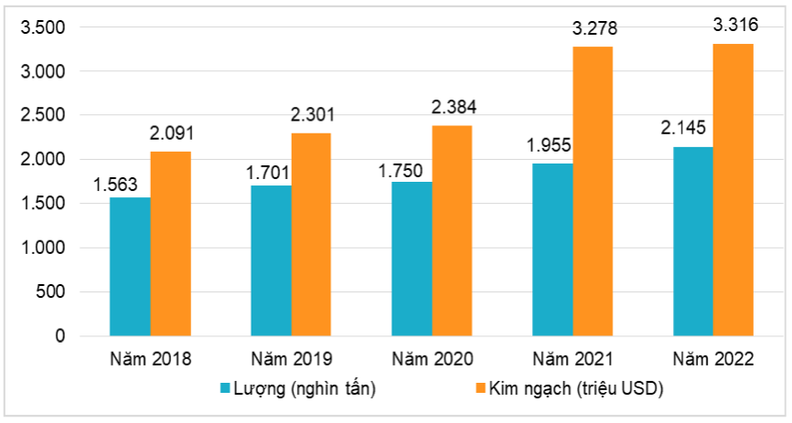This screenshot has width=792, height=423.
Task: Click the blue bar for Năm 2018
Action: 130,267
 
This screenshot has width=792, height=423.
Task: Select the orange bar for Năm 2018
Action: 171,244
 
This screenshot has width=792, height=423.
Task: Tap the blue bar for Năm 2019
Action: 271,260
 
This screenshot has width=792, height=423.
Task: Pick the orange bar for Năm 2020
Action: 453,231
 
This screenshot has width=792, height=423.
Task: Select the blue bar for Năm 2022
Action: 693,241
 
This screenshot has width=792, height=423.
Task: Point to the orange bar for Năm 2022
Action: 734,190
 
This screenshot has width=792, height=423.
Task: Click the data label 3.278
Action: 594,29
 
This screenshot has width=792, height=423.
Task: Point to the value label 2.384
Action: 454,108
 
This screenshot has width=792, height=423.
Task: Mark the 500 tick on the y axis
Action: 53,292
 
